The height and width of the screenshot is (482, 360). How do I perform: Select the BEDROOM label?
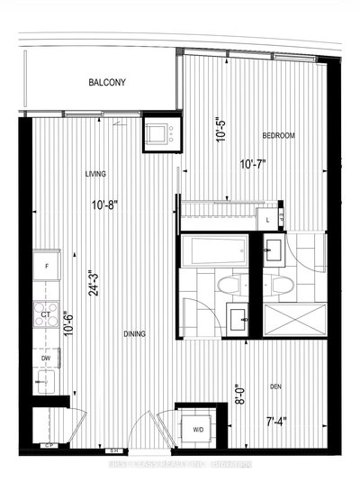tap(279, 136)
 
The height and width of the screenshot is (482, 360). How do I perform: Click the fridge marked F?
tap(46, 268)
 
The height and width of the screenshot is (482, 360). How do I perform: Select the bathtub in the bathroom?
tap(216, 250)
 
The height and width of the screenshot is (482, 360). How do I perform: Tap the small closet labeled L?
tap(269, 219)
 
